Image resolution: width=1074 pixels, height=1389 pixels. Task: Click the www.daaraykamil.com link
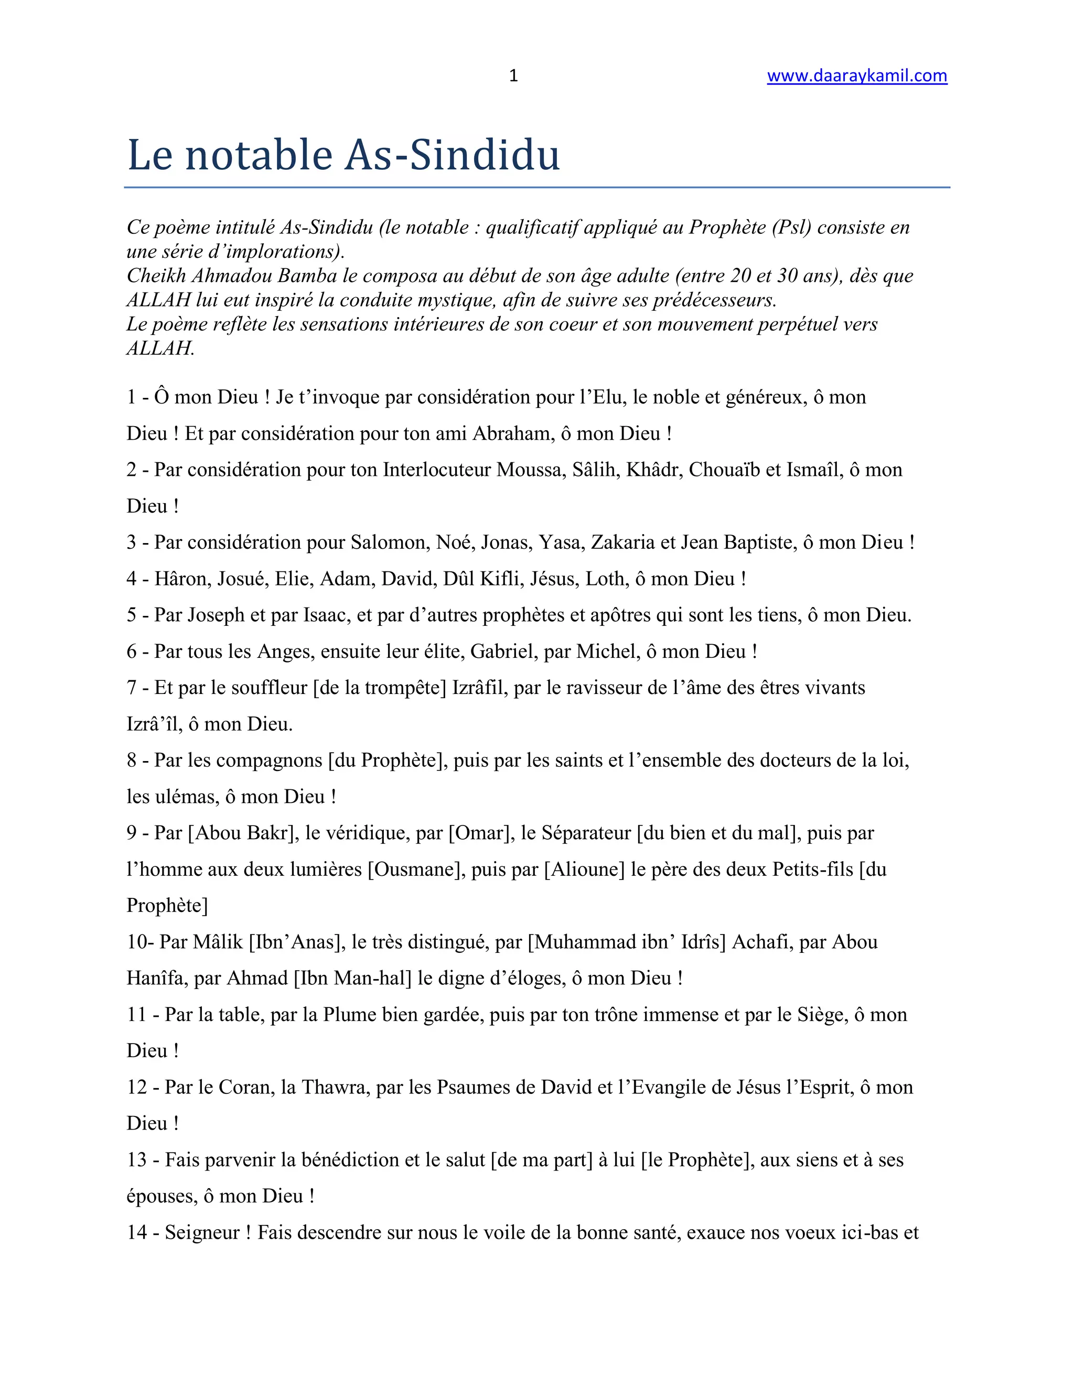[x=856, y=75]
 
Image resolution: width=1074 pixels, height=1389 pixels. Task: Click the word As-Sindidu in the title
[x=453, y=155]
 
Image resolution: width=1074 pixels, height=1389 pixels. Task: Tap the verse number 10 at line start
[x=136, y=942]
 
